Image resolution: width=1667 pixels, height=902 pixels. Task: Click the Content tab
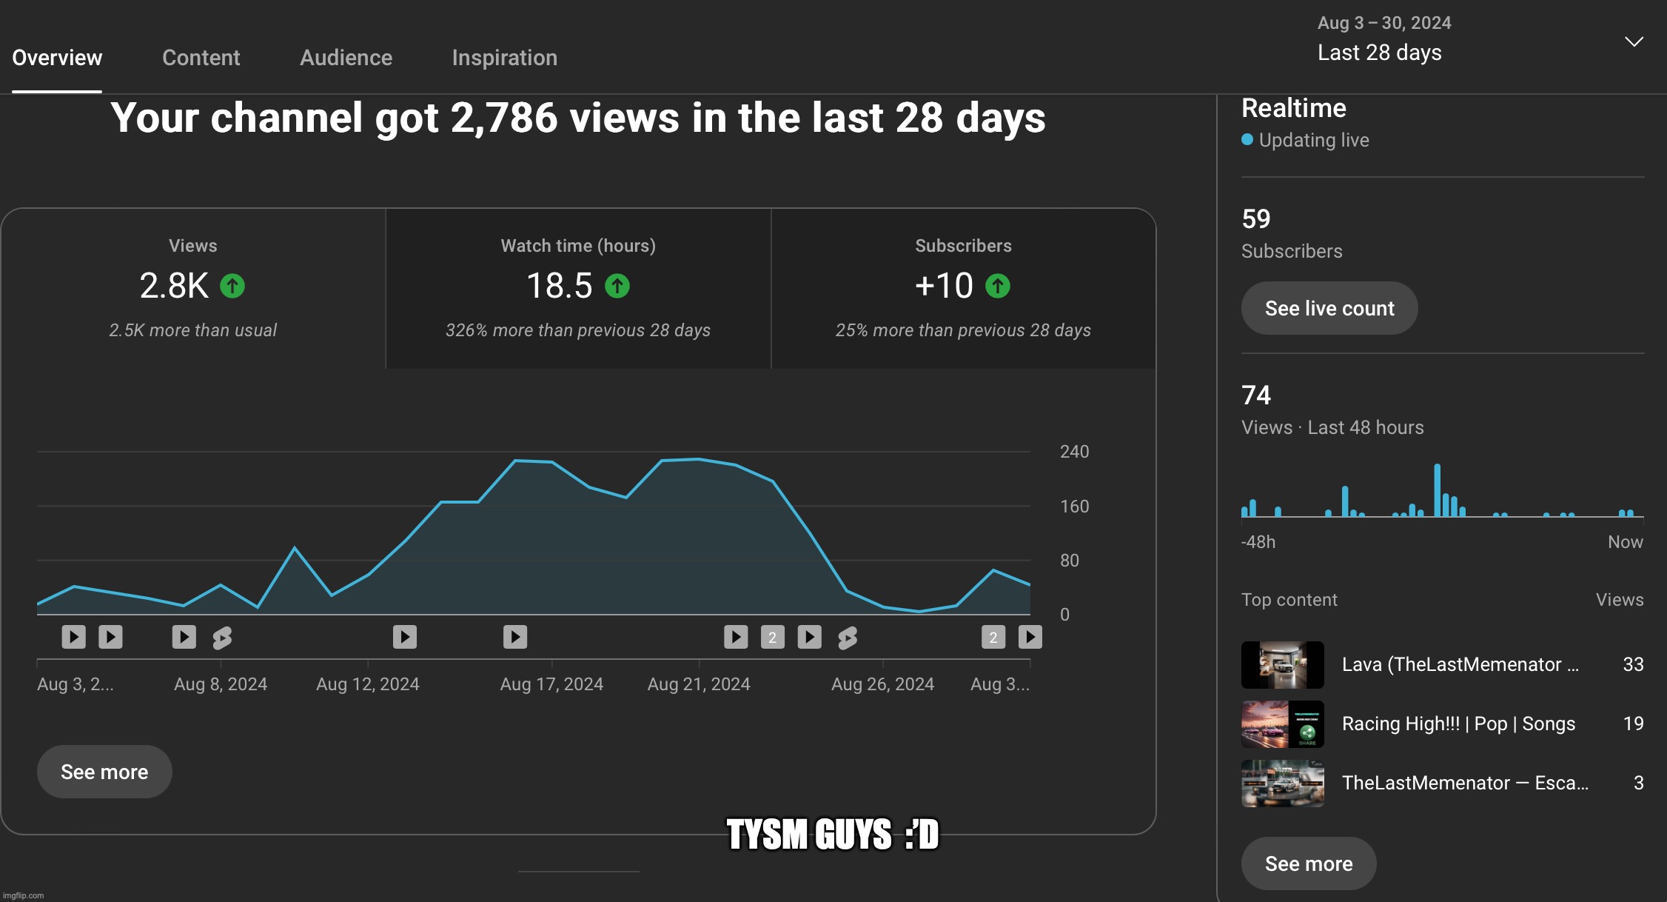tap(201, 58)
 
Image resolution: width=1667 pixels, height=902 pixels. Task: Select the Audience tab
tap(346, 58)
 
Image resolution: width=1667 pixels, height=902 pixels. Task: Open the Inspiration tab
tap(504, 58)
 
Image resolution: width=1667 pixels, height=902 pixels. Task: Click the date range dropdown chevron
tap(1634, 41)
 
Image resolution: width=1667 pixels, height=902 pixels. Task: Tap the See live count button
tap(1329, 308)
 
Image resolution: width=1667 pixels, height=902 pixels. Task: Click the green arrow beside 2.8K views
tap(232, 286)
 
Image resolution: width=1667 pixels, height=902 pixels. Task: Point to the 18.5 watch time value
tap(559, 286)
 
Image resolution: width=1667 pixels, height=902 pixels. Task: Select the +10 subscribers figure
tap(944, 286)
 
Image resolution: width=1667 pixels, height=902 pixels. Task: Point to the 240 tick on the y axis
tap(1074, 452)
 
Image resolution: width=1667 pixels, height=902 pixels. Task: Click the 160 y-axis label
tap(1074, 507)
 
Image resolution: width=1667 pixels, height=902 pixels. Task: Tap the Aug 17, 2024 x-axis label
tap(551, 684)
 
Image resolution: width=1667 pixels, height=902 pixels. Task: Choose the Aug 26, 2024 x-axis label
tap(882, 684)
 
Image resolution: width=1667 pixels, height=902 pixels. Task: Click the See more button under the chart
tap(104, 772)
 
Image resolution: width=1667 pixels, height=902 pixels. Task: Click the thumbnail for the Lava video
tap(1282, 665)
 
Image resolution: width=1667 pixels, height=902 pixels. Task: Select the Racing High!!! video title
tap(1458, 724)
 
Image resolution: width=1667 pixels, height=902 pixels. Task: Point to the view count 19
tap(1633, 724)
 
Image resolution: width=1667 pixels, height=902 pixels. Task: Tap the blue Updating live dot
tap(1247, 139)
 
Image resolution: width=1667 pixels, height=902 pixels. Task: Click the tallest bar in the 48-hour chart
tap(1437, 490)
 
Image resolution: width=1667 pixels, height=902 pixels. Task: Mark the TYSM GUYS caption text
tap(832, 835)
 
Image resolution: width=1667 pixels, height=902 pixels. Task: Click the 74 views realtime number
tap(1256, 395)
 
